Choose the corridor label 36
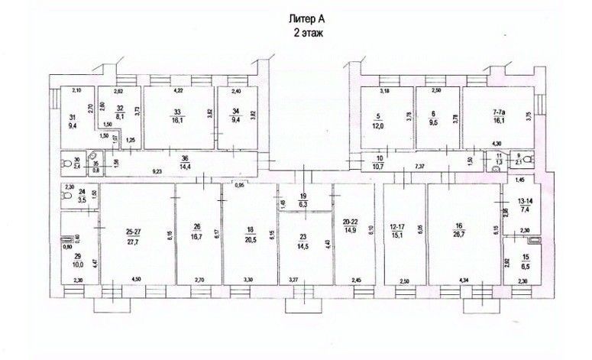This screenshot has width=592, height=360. click(183, 158)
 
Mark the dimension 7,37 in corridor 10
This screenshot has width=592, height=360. click(420, 166)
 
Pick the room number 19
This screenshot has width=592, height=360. click(304, 196)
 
